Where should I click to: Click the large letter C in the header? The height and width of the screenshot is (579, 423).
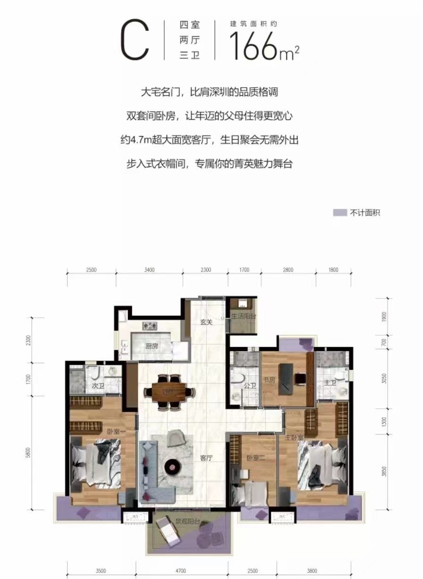[x=135, y=41]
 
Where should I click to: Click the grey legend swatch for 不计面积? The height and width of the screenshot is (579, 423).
[x=340, y=213]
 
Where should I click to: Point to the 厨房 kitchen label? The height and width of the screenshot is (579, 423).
[x=151, y=346]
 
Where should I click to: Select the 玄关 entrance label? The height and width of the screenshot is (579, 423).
[x=206, y=323]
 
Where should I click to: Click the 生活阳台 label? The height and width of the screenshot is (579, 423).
[x=243, y=316]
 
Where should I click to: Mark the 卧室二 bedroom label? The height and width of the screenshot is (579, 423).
[x=253, y=457]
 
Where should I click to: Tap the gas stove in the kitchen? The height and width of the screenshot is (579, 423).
[x=151, y=325]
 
